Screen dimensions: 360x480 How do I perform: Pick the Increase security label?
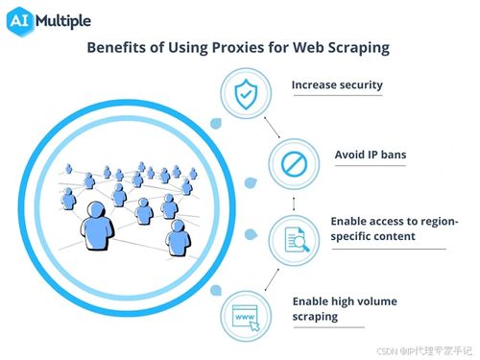point(336,84)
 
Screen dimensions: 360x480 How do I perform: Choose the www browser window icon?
point(243,316)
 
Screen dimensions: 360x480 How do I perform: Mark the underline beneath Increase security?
point(336,97)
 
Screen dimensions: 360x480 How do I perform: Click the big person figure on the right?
point(179,237)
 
